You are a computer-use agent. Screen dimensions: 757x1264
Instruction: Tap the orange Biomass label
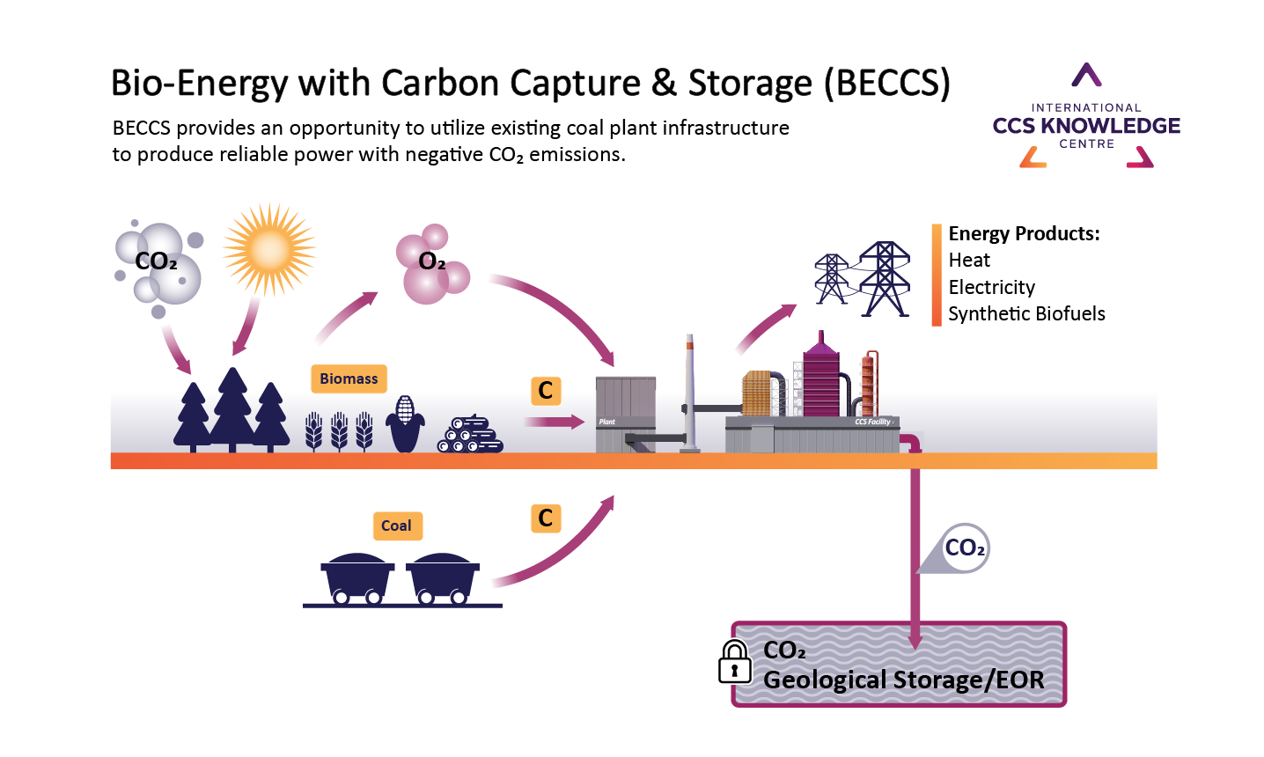(x=349, y=378)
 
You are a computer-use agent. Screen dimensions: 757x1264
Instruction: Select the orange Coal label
(x=396, y=525)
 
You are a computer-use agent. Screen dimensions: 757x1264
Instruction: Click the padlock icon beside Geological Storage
(x=734, y=662)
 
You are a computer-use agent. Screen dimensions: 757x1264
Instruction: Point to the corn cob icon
(x=405, y=423)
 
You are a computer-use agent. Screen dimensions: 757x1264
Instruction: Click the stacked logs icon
(x=470, y=434)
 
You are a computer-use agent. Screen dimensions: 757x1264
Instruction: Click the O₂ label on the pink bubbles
(x=432, y=261)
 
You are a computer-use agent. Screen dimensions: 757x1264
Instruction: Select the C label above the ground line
(x=546, y=390)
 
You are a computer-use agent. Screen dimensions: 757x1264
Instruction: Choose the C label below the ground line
(x=546, y=518)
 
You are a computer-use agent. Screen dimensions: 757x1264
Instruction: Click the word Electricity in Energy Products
(x=991, y=287)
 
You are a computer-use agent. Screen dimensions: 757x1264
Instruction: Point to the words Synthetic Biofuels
(x=1026, y=314)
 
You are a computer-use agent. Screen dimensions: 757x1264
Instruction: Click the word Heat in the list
(x=969, y=261)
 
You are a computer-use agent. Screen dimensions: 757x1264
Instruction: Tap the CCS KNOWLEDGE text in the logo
(x=1086, y=126)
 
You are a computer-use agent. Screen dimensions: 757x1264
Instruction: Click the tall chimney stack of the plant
(x=690, y=392)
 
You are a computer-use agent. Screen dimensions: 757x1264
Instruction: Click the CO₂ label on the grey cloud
(x=156, y=261)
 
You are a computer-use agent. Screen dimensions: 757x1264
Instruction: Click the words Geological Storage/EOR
(x=903, y=680)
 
